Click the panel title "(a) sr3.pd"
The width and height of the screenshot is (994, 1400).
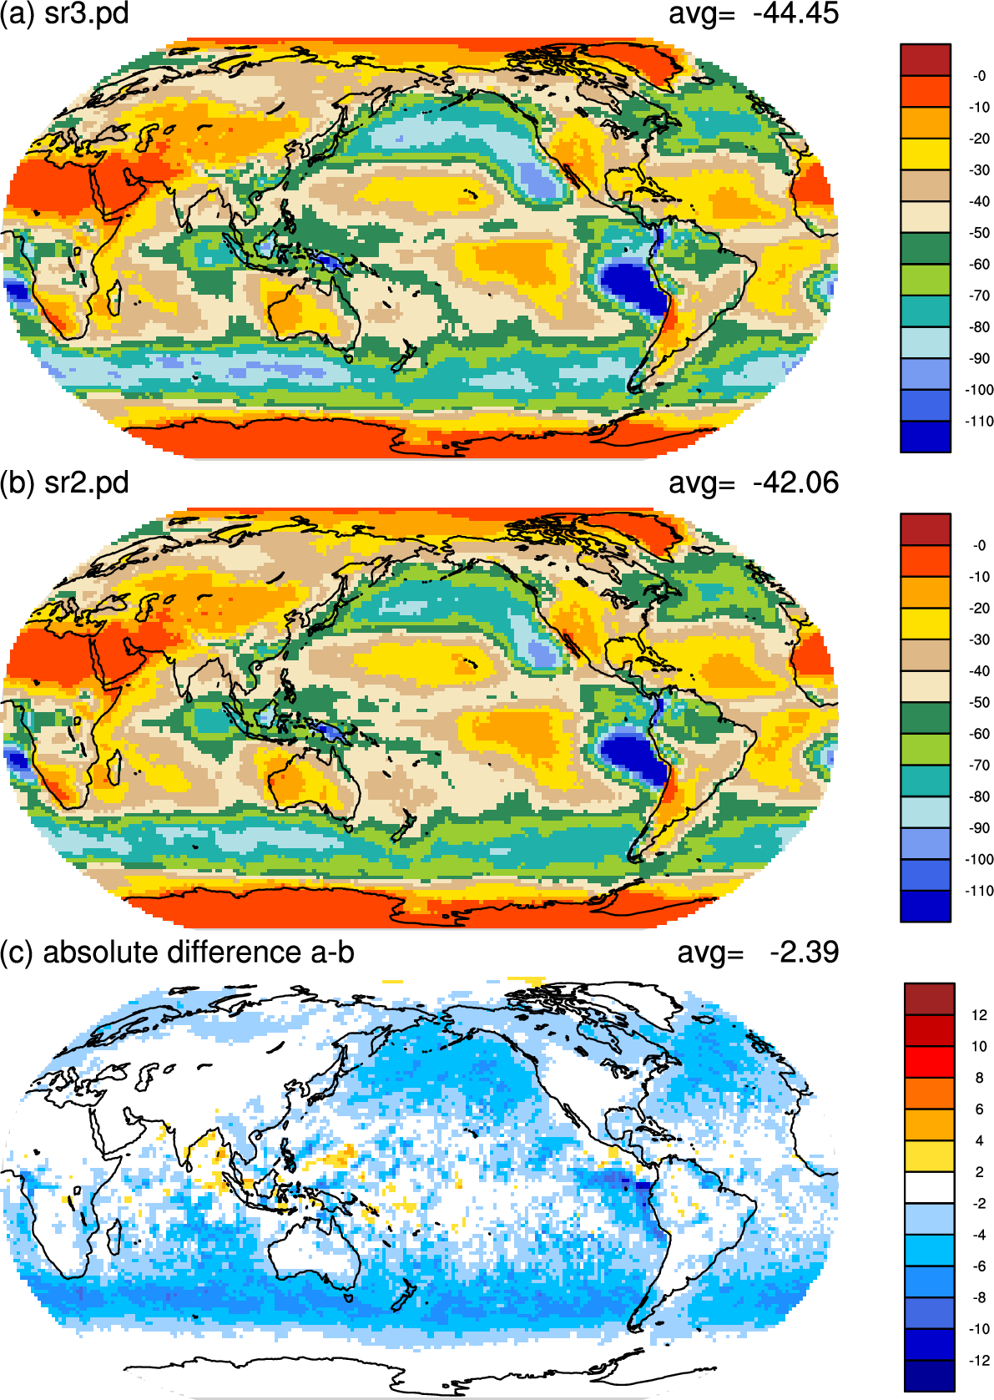coord(64,13)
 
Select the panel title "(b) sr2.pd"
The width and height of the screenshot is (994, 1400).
coord(64,483)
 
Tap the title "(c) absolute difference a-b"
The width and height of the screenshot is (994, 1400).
coord(177,953)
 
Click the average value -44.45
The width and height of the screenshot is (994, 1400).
coord(795,13)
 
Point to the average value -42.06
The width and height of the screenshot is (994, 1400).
coord(795,483)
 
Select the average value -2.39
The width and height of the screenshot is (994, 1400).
coord(804,953)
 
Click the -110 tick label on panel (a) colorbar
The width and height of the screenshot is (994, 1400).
coord(979,422)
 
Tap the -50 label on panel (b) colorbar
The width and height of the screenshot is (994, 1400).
coord(979,702)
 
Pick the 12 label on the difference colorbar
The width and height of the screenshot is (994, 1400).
coord(979,1015)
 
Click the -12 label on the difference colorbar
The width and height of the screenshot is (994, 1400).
coord(979,1360)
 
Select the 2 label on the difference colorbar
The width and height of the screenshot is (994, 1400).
coord(980,1172)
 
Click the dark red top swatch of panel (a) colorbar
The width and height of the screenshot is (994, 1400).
coord(926,60)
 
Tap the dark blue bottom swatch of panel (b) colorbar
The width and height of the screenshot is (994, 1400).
coord(926,907)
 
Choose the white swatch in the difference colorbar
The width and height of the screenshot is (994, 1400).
coord(929,1187)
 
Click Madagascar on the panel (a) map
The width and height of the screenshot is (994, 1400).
coord(114,298)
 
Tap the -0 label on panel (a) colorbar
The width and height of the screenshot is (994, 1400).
coord(979,76)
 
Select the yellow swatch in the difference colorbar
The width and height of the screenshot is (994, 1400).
coord(929,1156)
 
